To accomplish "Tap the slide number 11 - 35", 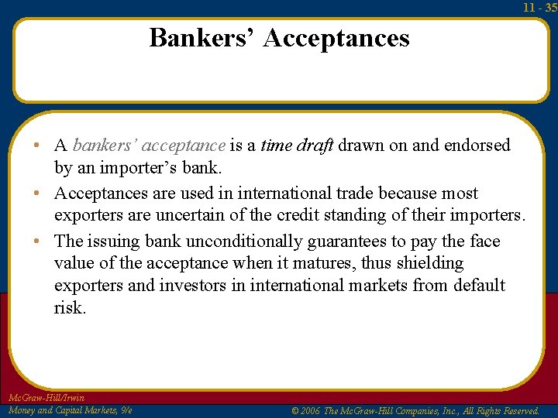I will tap(539, 8).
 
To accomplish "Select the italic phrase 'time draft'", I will tap(297, 145).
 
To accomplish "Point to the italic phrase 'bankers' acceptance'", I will tap(149, 145).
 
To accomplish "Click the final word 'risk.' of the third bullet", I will tap(71, 308).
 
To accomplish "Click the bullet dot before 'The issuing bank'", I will tap(37, 242).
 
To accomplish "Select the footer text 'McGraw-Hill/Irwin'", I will tap(45, 398).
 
